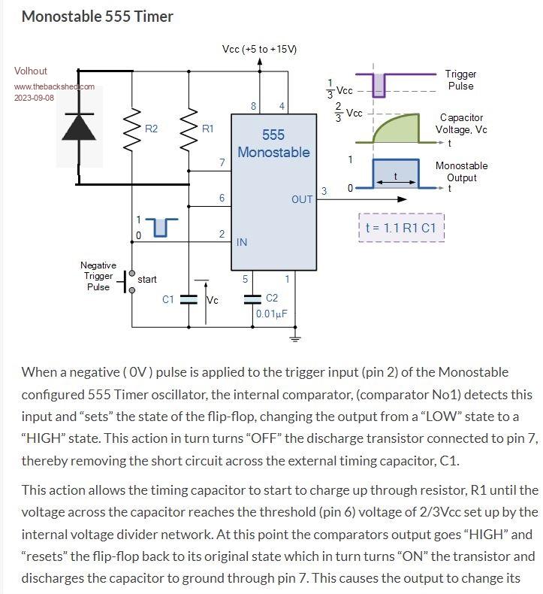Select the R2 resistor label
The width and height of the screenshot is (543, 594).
tap(151, 129)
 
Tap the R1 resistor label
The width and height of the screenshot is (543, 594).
tap(208, 129)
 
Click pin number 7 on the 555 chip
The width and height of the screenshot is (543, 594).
tap(222, 162)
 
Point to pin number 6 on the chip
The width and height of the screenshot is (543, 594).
tap(222, 198)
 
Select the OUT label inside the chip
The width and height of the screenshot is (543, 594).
tap(302, 199)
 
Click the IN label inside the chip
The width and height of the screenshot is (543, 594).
tap(242, 242)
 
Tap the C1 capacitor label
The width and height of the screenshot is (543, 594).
tap(168, 299)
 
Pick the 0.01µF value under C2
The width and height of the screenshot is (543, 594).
tap(272, 314)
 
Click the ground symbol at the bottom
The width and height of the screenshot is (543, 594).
tap(295, 338)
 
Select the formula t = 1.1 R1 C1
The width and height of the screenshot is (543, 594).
tap(402, 227)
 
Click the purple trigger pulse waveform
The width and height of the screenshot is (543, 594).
tap(379, 83)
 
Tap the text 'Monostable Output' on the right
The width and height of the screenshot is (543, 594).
tap(461, 171)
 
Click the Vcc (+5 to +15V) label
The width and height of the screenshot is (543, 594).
tap(260, 49)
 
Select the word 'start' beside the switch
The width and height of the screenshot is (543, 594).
tap(147, 279)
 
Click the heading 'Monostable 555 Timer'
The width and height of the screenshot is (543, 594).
tap(97, 16)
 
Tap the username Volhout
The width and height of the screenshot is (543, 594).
tap(31, 71)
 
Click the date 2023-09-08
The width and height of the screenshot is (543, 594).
tap(34, 98)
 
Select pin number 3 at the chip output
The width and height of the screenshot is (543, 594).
tap(324, 191)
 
